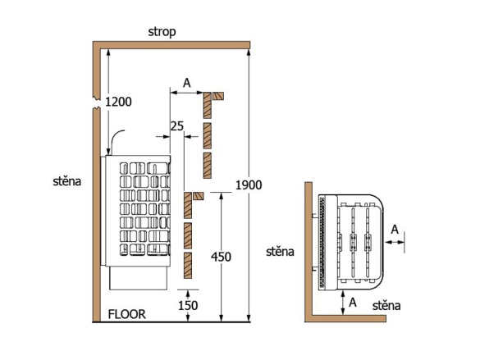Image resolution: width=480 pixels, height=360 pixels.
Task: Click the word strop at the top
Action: tap(162, 32)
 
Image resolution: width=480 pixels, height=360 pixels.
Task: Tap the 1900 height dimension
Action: tap(248, 185)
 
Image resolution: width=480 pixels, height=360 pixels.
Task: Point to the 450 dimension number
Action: tap(220, 257)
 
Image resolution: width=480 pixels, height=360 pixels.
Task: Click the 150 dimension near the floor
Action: tap(188, 304)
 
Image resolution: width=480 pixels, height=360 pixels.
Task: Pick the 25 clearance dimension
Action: tap(176, 125)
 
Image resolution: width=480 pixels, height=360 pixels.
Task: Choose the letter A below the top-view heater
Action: tap(353, 302)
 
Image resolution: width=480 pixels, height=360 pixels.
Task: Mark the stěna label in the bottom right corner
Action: tap(386, 305)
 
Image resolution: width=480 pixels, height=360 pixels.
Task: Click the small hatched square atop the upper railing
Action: tap(217, 95)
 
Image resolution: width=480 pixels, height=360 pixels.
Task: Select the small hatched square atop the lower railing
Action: tap(199, 196)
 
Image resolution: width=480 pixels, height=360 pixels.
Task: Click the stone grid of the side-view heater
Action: tap(144, 213)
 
